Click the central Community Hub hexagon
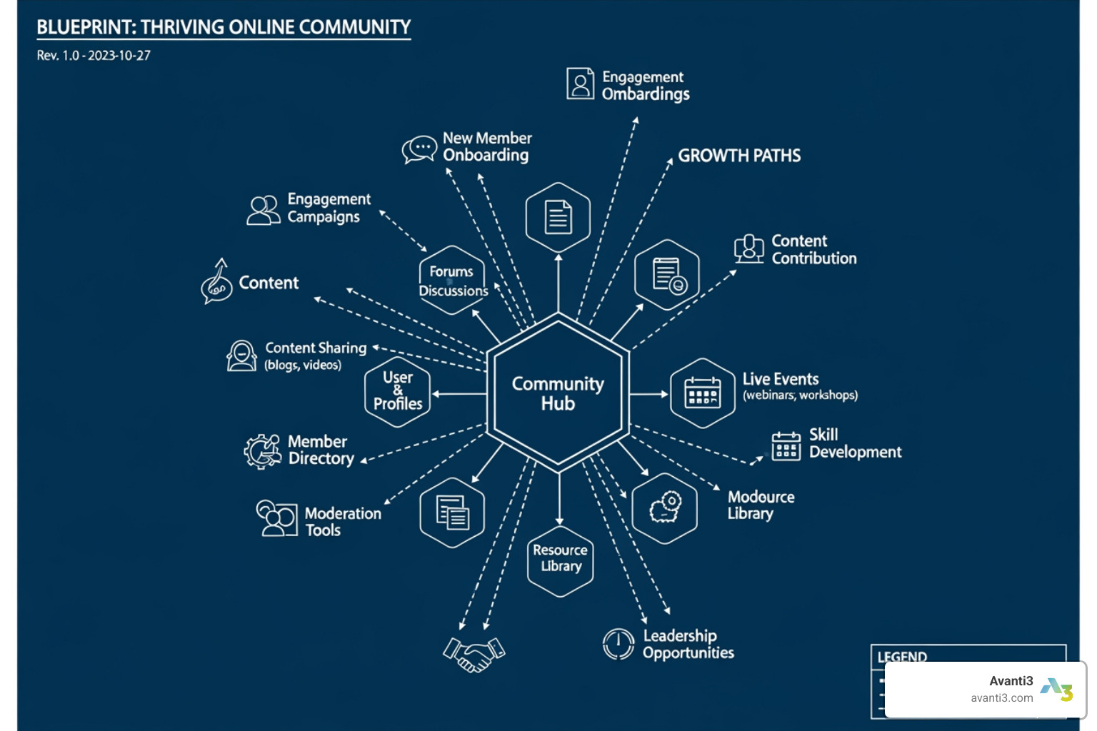(x=558, y=393)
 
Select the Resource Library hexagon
(x=561, y=560)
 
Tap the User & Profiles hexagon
(x=398, y=391)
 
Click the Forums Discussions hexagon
(x=452, y=281)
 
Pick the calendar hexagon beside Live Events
(x=703, y=393)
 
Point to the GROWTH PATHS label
(x=739, y=156)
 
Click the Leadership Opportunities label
(x=688, y=644)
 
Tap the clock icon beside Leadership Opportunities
(x=618, y=644)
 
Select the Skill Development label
(x=855, y=443)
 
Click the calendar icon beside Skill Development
(x=786, y=446)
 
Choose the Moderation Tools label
(x=343, y=522)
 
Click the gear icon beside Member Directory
(x=262, y=451)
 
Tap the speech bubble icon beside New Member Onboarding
(x=419, y=149)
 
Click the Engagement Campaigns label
(x=329, y=208)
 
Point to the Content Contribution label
(x=813, y=250)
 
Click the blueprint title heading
(x=224, y=27)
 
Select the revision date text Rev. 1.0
(x=94, y=56)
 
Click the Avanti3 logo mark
(x=1056, y=690)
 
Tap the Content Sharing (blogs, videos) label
(x=315, y=356)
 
